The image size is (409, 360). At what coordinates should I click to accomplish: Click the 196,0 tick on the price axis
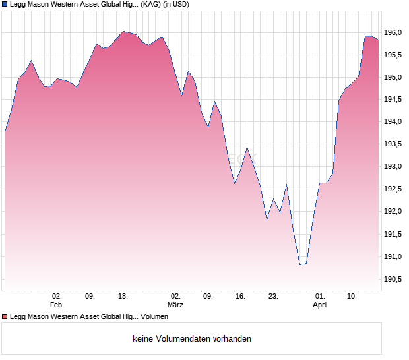point(393,32)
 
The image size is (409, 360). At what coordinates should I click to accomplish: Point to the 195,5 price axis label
point(393,55)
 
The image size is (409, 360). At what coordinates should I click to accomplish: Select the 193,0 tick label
point(393,167)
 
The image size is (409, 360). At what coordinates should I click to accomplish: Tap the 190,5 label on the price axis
point(393,279)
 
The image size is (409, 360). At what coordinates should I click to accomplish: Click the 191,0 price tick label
point(393,256)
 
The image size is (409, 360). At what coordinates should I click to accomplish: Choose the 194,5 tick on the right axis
point(393,100)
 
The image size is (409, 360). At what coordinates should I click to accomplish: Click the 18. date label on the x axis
point(123,297)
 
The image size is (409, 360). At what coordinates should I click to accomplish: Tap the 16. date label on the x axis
point(241,297)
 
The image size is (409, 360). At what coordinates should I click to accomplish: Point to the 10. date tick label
point(353,297)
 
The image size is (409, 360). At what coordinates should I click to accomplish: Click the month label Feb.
point(57,305)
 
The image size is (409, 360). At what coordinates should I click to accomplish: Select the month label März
point(175,305)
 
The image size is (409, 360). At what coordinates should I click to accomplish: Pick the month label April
point(320,305)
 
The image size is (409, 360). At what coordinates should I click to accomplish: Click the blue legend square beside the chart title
point(5,5)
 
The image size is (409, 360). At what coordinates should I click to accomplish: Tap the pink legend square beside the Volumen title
point(5,317)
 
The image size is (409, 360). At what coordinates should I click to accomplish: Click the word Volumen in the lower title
point(154,317)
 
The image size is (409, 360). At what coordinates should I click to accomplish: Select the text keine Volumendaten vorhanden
point(192,339)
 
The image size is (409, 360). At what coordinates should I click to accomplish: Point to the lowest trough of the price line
point(301,264)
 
